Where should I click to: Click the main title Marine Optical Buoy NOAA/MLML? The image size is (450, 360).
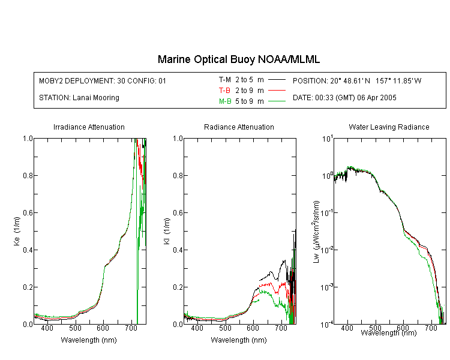[x=238, y=59]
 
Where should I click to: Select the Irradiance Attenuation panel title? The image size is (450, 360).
[x=89, y=127]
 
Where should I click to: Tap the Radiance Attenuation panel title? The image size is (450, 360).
[x=239, y=127]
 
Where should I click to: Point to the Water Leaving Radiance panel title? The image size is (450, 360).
[x=389, y=127]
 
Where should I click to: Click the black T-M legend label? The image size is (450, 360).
[x=225, y=80]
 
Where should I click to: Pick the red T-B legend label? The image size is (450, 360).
[x=225, y=91]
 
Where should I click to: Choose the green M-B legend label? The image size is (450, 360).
[x=225, y=101]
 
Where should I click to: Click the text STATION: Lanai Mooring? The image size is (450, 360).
[x=79, y=98]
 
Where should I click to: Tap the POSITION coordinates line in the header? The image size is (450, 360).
[x=357, y=80]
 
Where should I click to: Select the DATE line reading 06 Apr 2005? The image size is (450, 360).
[x=344, y=98]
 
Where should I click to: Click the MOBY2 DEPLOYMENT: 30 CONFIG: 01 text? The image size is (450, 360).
[x=103, y=81]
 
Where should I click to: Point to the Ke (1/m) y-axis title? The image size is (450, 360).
[x=17, y=231]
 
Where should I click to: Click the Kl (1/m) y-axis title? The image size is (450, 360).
[x=167, y=231]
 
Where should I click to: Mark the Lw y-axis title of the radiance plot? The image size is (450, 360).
[x=316, y=232]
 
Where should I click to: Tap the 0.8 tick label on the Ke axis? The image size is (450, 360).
[x=28, y=175]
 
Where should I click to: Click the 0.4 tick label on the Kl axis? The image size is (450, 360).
[x=178, y=250]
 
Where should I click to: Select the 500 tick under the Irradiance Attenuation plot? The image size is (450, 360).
[x=75, y=328]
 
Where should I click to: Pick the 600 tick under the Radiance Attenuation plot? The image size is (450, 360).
[x=253, y=328]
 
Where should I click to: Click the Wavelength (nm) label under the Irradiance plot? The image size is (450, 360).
[x=89, y=340]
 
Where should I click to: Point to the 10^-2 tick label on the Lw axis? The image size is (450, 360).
[x=326, y=249]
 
